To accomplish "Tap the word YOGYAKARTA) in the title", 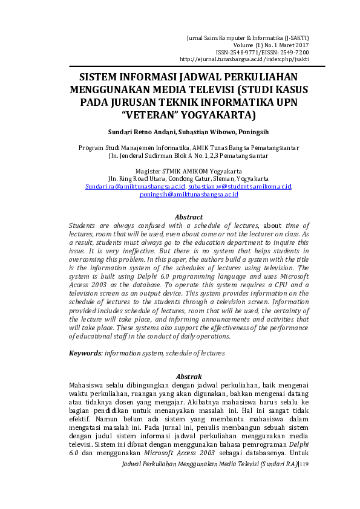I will click(x=217, y=114).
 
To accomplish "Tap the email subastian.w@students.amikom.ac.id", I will click(x=231, y=186).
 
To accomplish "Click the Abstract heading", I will click(x=188, y=216).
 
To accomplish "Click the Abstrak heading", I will click(x=188, y=376).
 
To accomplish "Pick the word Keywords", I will click(x=83, y=352).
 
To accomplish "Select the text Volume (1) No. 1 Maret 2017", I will click(x=271, y=45).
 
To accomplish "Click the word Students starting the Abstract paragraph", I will click(x=85, y=224).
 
